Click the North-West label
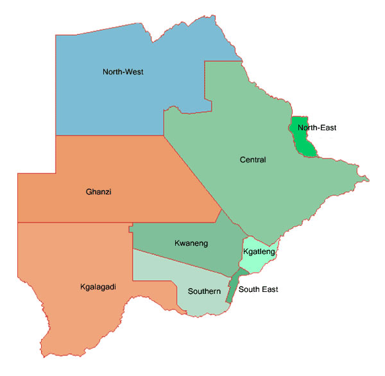click(x=123, y=72)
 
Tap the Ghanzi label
click(x=99, y=191)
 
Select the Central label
click(x=252, y=160)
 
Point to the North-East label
click(x=317, y=128)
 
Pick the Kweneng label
click(x=191, y=243)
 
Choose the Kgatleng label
click(x=259, y=252)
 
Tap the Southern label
click(x=204, y=291)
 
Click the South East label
click(x=258, y=289)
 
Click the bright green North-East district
click(x=302, y=141)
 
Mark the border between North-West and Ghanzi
click(x=109, y=135)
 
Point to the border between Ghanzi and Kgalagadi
click(x=77, y=223)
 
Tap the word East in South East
click(x=269, y=289)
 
